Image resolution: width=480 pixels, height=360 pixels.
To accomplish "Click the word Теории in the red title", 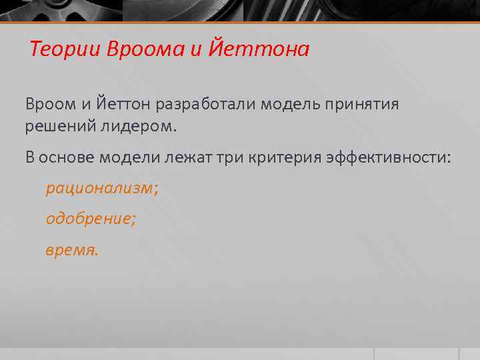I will click(x=63, y=49).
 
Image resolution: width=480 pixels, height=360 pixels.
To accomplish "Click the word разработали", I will click(x=207, y=103).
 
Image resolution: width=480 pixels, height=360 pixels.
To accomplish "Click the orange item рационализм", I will click(x=101, y=188).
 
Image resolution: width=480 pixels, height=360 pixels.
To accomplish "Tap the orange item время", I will click(x=71, y=251).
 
